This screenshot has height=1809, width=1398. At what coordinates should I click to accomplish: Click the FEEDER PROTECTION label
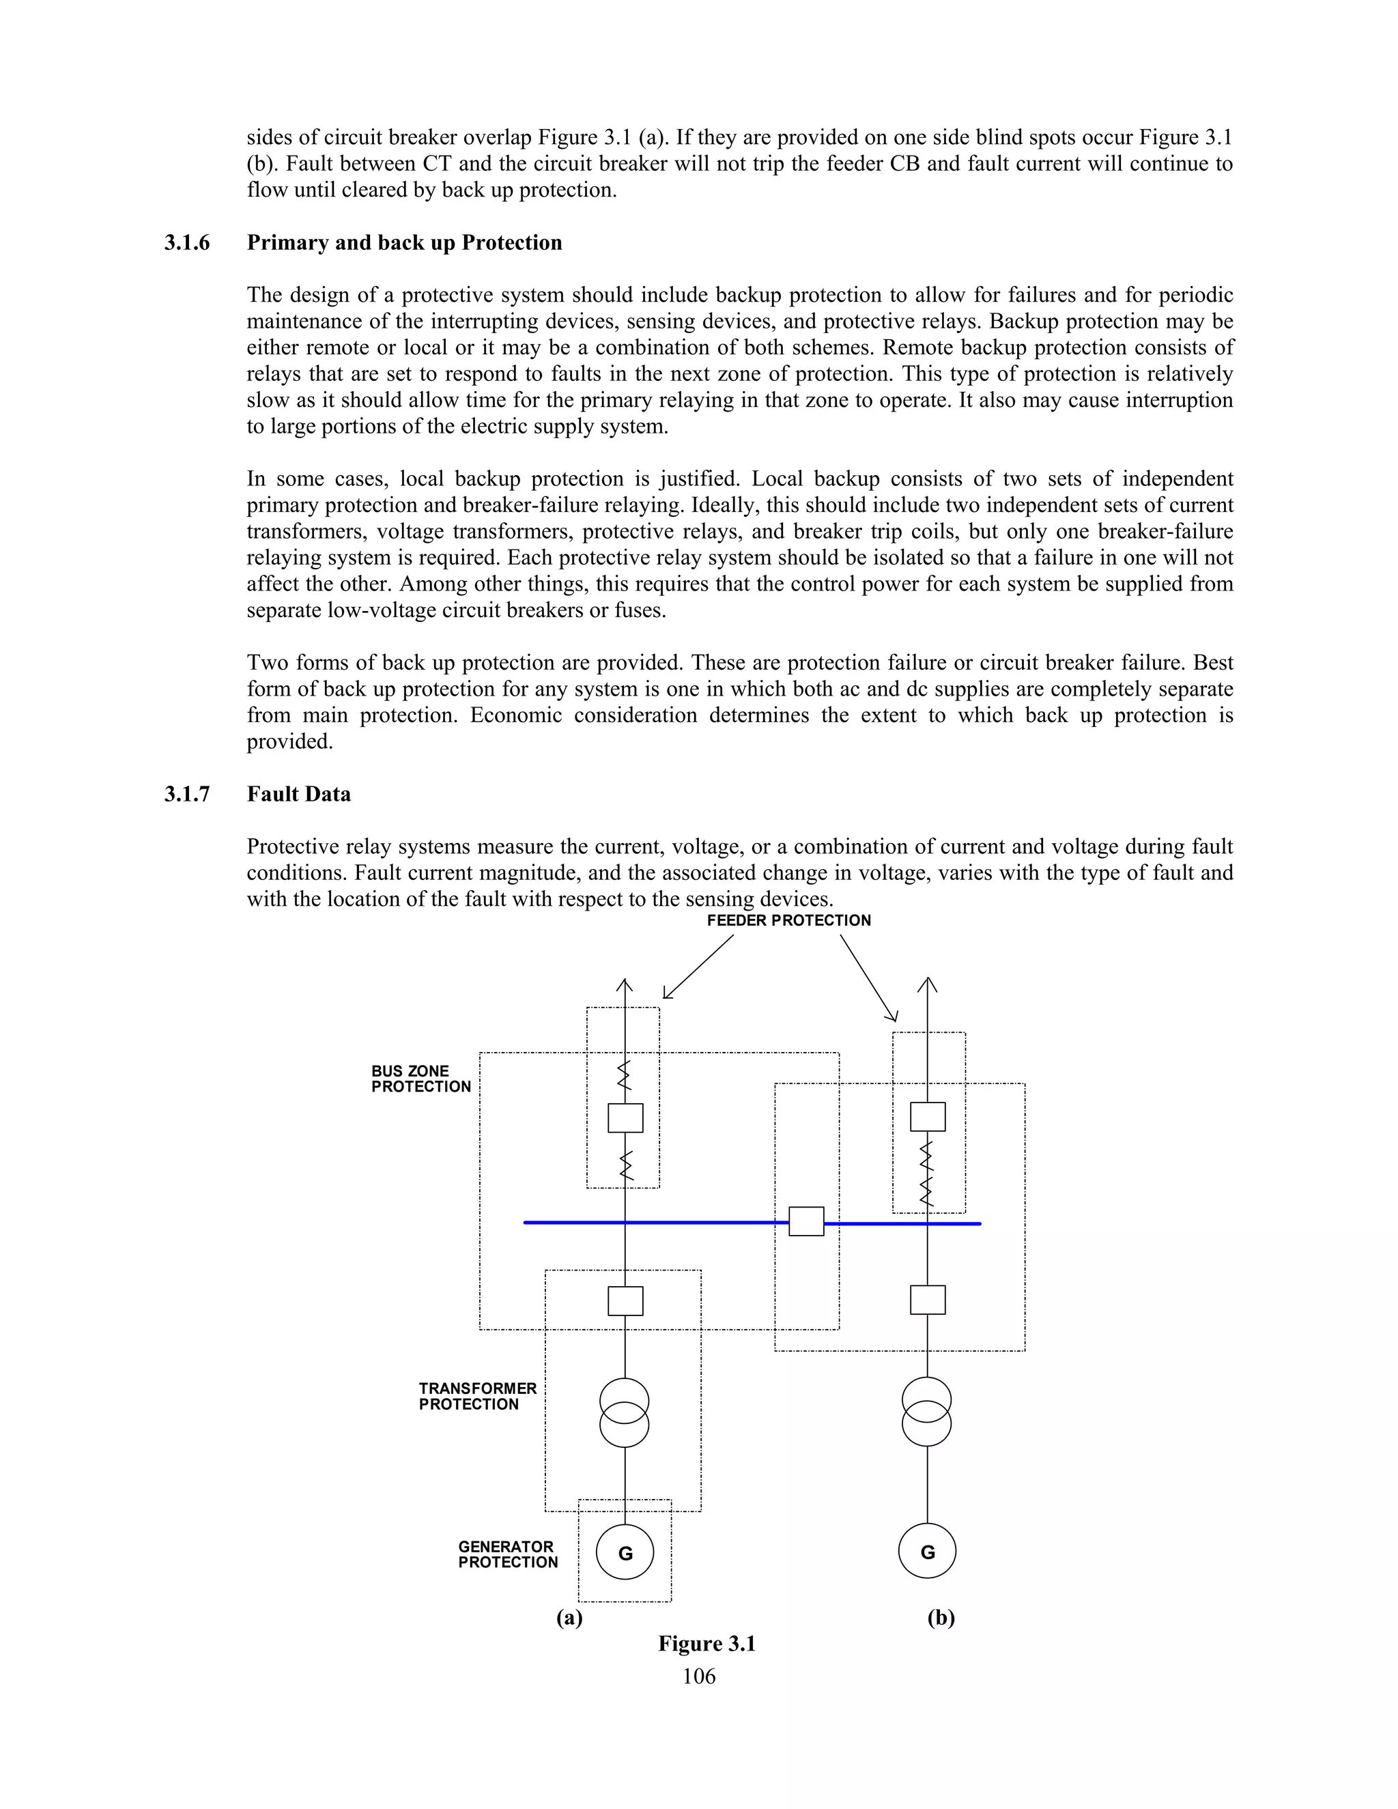[788, 920]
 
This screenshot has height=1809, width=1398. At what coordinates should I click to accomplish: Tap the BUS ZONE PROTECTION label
[420, 1079]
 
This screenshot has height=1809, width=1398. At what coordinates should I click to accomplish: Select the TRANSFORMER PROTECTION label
[477, 1396]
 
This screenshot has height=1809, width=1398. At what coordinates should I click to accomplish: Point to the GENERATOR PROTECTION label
[508, 1554]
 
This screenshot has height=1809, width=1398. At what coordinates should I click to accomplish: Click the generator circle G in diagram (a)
[625, 1553]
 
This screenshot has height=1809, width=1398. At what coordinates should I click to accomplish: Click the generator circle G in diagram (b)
[927, 1552]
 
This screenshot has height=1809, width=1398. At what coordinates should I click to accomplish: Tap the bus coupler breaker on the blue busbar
[806, 1222]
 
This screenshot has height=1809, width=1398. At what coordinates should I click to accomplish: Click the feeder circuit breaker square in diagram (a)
[625, 1118]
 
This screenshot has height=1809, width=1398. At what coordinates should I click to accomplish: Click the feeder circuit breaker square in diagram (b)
[928, 1117]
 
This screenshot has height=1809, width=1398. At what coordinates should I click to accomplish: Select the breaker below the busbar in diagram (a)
[625, 1300]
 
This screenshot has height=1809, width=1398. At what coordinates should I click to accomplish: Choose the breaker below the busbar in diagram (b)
[928, 1300]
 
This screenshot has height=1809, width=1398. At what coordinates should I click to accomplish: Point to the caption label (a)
[569, 1618]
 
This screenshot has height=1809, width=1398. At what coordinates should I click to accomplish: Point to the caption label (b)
[941, 1618]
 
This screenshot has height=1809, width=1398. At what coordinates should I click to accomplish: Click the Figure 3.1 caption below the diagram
[707, 1644]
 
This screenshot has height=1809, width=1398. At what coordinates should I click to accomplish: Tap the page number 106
[699, 1677]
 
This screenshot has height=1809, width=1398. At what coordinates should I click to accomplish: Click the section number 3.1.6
[187, 243]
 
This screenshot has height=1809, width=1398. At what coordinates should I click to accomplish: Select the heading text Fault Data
[298, 795]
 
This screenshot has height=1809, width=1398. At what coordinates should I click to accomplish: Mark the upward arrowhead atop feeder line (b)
[928, 984]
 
